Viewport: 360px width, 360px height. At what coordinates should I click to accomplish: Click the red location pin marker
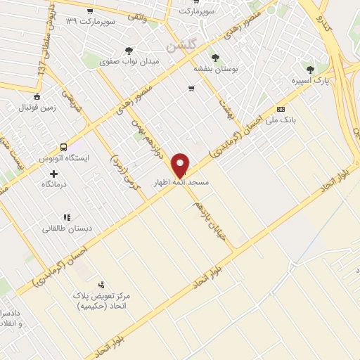(x=181, y=165)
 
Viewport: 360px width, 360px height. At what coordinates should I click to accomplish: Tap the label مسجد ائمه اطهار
(x=181, y=182)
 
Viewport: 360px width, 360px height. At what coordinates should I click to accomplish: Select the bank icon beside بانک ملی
(x=281, y=109)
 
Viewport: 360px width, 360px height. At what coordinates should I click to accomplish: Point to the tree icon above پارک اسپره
(x=310, y=69)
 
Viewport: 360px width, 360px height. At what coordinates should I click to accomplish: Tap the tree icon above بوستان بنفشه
(x=214, y=58)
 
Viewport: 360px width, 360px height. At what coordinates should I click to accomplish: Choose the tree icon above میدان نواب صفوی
(x=128, y=50)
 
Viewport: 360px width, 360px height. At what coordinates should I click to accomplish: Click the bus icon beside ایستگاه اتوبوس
(x=64, y=148)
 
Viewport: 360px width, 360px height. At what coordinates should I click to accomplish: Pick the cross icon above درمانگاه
(x=53, y=173)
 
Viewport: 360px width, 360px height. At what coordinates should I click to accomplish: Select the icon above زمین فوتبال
(x=37, y=97)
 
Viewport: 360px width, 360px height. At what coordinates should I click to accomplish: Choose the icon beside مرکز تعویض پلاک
(x=103, y=285)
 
